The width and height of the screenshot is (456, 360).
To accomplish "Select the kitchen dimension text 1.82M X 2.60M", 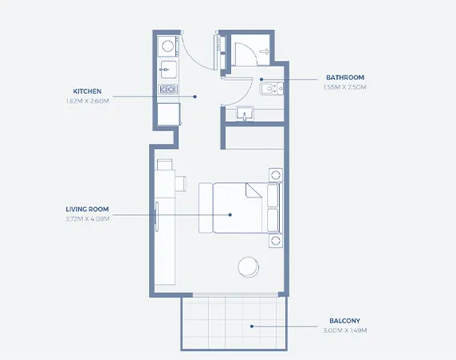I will [x=87, y=101].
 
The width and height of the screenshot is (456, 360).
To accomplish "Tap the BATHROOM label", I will [x=345, y=77].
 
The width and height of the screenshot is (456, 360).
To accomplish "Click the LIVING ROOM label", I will [x=87, y=209].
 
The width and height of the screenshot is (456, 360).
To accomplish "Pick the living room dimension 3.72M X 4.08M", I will [x=87, y=218].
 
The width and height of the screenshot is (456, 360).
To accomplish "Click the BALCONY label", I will [x=346, y=321].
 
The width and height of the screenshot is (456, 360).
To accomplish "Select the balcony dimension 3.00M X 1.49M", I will [x=346, y=330].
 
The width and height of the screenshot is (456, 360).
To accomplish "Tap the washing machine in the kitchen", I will [x=167, y=45].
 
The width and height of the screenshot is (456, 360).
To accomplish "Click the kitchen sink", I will [x=168, y=68].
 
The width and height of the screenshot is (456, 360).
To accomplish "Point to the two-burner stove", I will [x=167, y=89].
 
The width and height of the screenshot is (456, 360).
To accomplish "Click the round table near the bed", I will [x=249, y=266].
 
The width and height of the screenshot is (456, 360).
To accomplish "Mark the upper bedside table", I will [x=275, y=174].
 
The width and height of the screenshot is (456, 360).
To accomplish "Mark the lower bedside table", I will [x=275, y=240].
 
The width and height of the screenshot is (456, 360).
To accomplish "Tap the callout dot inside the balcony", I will [x=251, y=325].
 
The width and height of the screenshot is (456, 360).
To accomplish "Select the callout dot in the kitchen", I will [x=195, y=96].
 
